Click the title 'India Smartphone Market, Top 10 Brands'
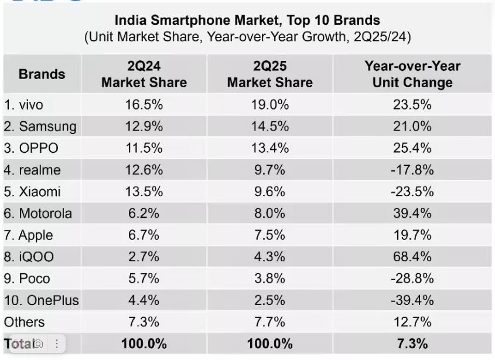(x=247, y=22)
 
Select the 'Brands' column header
(x=42, y=74)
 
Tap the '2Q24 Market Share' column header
(x=144, y=74)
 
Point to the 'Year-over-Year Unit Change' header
(x=412, y=74)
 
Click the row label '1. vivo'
(x=23, y=105)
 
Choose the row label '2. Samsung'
(x=40, y=126)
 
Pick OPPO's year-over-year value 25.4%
(x=412, y=148)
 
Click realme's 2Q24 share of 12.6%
(x=144, y=170)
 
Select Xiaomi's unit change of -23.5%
(x=412, y=192)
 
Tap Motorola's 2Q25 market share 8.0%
(x=269, y=214)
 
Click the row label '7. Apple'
(x=28, y=235)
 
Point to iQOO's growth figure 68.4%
(x=412, y=257)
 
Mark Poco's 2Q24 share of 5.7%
(x=144, y=279)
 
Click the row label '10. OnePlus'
(x=41, y=301)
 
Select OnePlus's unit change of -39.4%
(x=412, y=301)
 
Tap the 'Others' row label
(x=24, y=322)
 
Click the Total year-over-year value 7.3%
(x=412, y=344)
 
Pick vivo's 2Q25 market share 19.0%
(x=269, y=105)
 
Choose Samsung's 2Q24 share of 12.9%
(x=144, y=126)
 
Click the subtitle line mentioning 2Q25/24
(x=247, y=37)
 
